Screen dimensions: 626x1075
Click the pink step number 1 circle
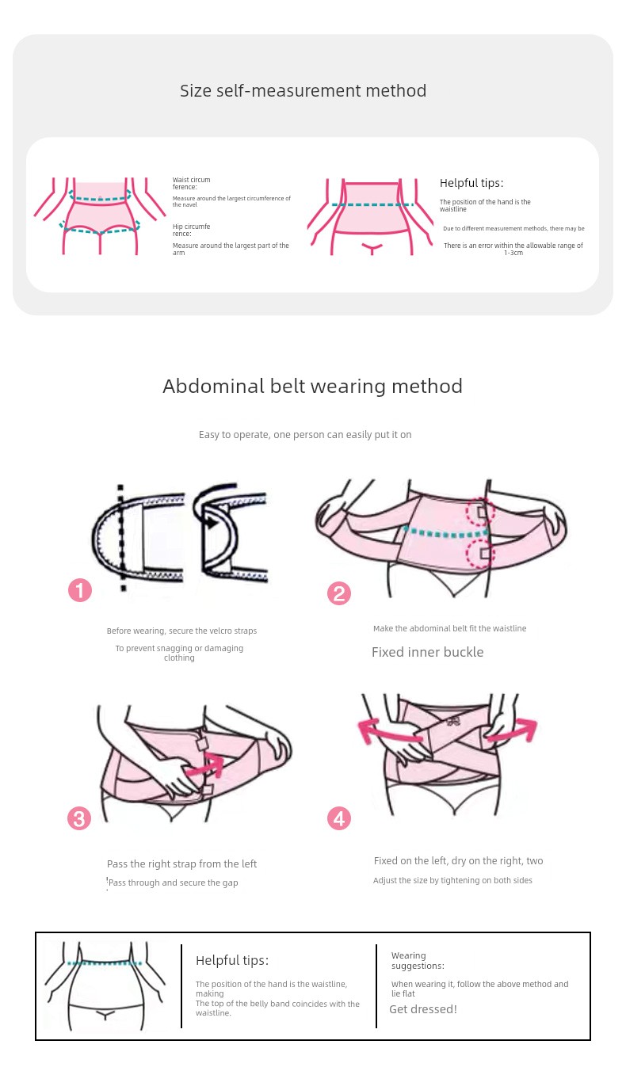(x=80, y=590)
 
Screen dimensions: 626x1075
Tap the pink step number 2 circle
(x=339, y=593)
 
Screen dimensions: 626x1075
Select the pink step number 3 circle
(x=79, y=818)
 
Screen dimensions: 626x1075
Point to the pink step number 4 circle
(x=339, y=818)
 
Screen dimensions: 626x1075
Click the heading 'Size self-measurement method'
(x=303, y=90)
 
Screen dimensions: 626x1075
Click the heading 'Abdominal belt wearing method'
(x=312, y=386)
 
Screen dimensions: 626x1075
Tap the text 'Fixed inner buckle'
(x=427, y=652)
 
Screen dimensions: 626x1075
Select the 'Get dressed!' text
(x=423, y=1008)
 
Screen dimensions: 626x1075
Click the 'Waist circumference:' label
(x=191, y=183)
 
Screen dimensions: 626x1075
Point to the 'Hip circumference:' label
(x=191, y=230)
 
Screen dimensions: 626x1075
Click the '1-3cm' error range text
(x=513, y=253)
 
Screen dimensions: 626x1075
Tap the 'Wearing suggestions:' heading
(x=418, y=960)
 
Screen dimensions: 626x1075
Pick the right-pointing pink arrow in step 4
(x=512, y=730)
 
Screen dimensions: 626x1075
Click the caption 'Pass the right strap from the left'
(x=182, y=863)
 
